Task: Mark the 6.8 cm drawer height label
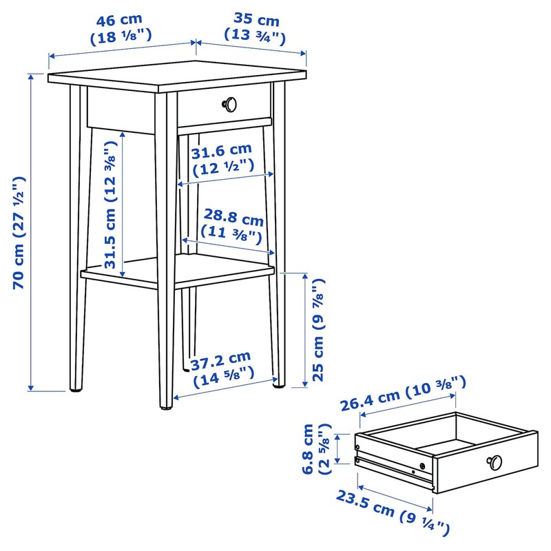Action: tap(311, 449)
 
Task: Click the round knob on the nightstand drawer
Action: tap(229, 104)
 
